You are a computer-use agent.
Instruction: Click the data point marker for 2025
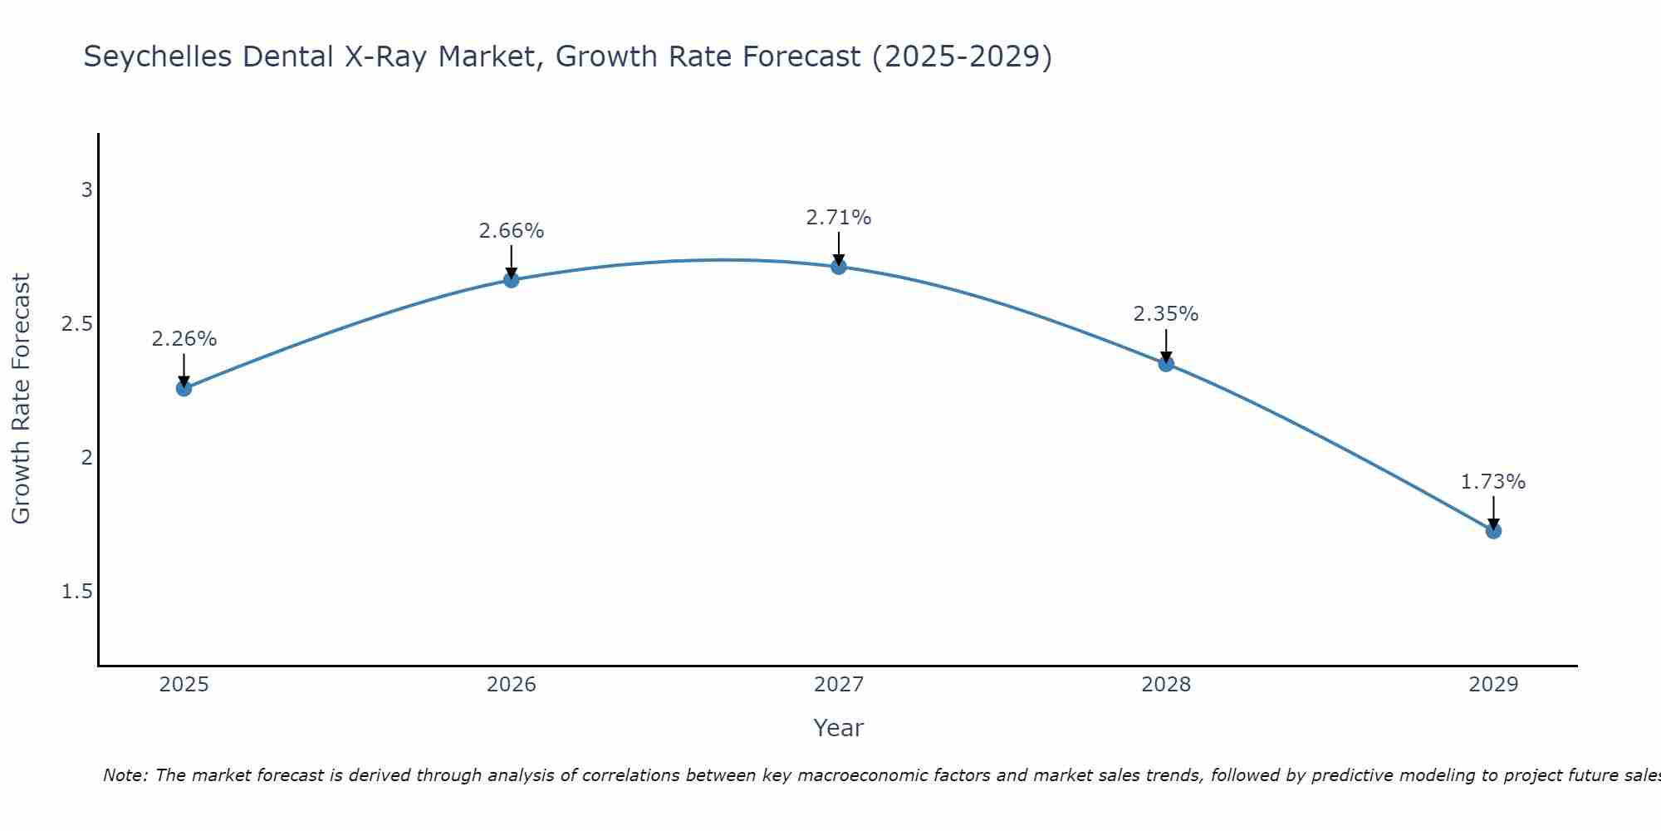[184, 388]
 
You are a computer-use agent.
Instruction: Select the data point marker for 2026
[511, 280]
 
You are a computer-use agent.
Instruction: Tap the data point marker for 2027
[838, 267]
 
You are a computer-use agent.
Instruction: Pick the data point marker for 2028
[1166, 363]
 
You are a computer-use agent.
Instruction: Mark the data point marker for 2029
[1493, 530]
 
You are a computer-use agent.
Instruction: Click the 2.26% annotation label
[184, 339]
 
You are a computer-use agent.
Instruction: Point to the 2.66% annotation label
[511, 231]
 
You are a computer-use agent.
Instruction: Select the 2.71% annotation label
[838, 218]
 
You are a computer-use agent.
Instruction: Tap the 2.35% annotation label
[1166, 314]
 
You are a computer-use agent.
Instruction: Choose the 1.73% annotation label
[1493, 482]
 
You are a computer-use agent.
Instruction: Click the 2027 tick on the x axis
[838, 685]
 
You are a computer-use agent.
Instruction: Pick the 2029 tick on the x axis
[1493, 685]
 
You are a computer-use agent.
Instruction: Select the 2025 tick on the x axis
[184, 685]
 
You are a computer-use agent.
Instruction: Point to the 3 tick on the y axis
[86, 190]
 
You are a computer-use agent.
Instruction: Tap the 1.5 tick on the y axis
[77, 592]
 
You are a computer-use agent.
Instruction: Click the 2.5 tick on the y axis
[77, 324]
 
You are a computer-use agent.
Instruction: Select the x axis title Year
[838, 728]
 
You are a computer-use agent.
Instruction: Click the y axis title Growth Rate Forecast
[22, 399]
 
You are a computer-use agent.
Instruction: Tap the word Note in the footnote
[125, 775]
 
